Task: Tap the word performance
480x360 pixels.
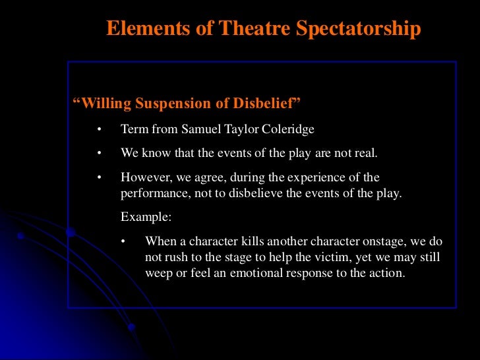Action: click(151, 195)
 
